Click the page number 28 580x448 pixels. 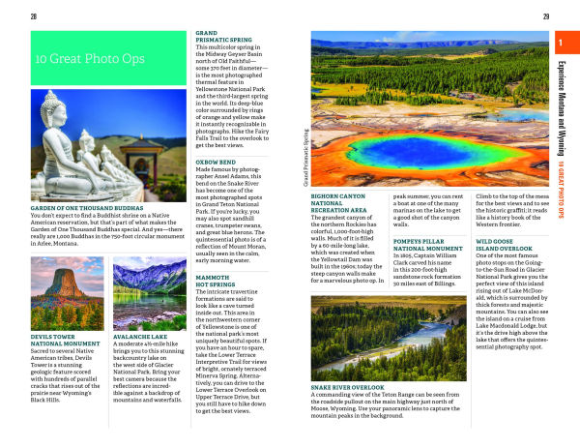pyautogui.click(x=35, y=16)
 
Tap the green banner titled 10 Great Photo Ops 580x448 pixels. pyautogui.click(x=106, y=58)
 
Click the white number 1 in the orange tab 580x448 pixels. pyautogui.click(x=563, y=42)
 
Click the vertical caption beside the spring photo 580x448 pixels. pyautogui.click(x=305, y=157)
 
